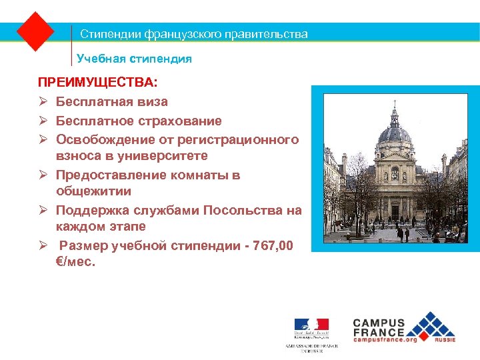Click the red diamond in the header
click(x=35, y=31)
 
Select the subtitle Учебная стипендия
click(x=134, y=59)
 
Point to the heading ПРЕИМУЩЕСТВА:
click(x=98, y=83)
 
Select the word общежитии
click(x=93, y=191)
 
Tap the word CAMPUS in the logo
click(x=379, y=321)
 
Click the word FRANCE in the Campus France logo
click(x=379, y=331)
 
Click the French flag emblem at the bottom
click(x=311, y=326)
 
